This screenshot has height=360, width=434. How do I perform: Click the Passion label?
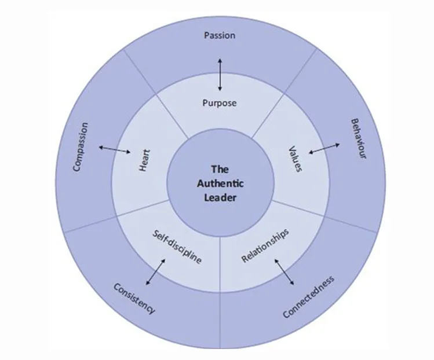tap(220, 36)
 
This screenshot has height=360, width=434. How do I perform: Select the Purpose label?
tap(220, 103)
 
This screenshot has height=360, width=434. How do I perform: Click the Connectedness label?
tap(309, 296)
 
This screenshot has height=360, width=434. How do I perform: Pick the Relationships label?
tap(265, 246)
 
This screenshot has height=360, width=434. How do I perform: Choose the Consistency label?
tap(134, 297)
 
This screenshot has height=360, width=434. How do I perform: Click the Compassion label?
tap(81, 146)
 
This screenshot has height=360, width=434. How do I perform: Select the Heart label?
tap(145, 160)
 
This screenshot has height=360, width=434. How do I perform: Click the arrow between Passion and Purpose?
tap(220, 74)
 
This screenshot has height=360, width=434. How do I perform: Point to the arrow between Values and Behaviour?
tap(324, 149)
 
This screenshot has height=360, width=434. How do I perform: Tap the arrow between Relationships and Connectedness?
tap(284, 271)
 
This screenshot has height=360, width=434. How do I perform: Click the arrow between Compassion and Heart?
tap(115, 150)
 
